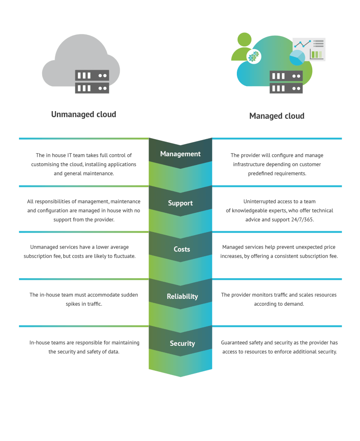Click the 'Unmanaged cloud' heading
84,115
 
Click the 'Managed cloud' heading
276,116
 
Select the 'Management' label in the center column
180,154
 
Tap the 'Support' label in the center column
180,203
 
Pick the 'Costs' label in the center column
181,249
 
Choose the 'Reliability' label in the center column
182,296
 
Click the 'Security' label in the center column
182,343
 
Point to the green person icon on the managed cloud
244,45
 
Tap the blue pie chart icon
297,58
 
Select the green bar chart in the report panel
317,54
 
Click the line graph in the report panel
303,44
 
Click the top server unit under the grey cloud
92,75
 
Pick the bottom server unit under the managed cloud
286,88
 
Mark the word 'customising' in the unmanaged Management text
46,165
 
